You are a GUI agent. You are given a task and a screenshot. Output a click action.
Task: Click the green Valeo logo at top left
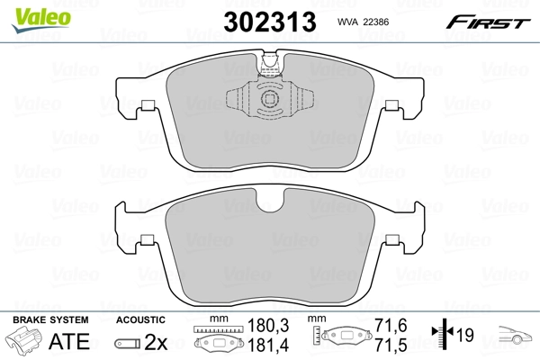click(x=29, y=11)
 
